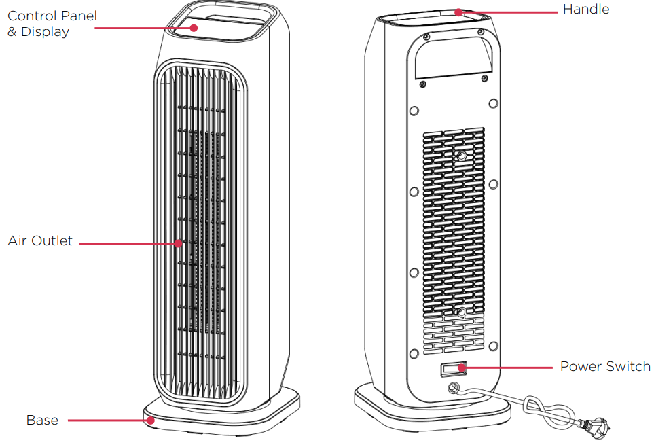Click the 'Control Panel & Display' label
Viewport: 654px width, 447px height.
52,23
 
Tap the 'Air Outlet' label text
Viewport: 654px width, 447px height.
40,241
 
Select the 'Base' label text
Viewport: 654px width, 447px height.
42,421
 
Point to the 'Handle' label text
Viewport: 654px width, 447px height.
586,10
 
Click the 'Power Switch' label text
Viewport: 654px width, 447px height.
605,367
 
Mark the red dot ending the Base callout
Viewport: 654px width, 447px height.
151,421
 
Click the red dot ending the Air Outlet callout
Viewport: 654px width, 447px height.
178,242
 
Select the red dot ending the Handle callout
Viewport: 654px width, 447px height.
458,11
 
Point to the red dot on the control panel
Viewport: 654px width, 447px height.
194,28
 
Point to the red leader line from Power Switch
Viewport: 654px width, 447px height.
509,368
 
